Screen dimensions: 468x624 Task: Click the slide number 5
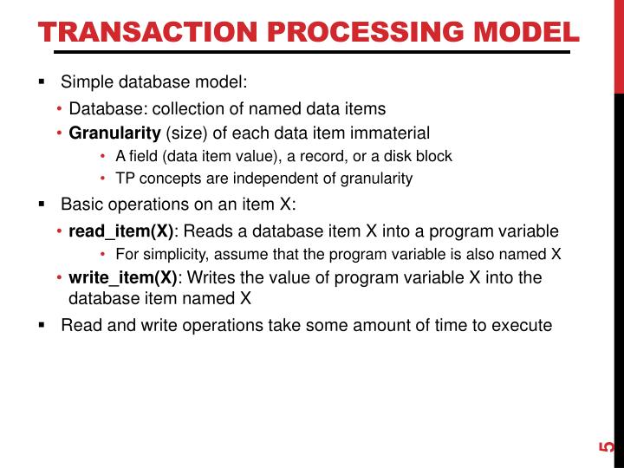[607, 447]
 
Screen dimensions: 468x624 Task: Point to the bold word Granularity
[114, 133]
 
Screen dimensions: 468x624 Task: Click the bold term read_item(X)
[121, 231]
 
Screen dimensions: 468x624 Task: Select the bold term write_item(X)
[123, 278]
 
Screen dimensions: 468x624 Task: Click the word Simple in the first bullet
[84, 82]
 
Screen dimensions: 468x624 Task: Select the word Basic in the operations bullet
[81, 205]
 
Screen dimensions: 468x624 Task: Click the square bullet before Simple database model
[41, 82]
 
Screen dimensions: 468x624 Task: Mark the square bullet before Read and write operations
[41, 326]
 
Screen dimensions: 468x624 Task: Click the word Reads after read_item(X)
[207, 231]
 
